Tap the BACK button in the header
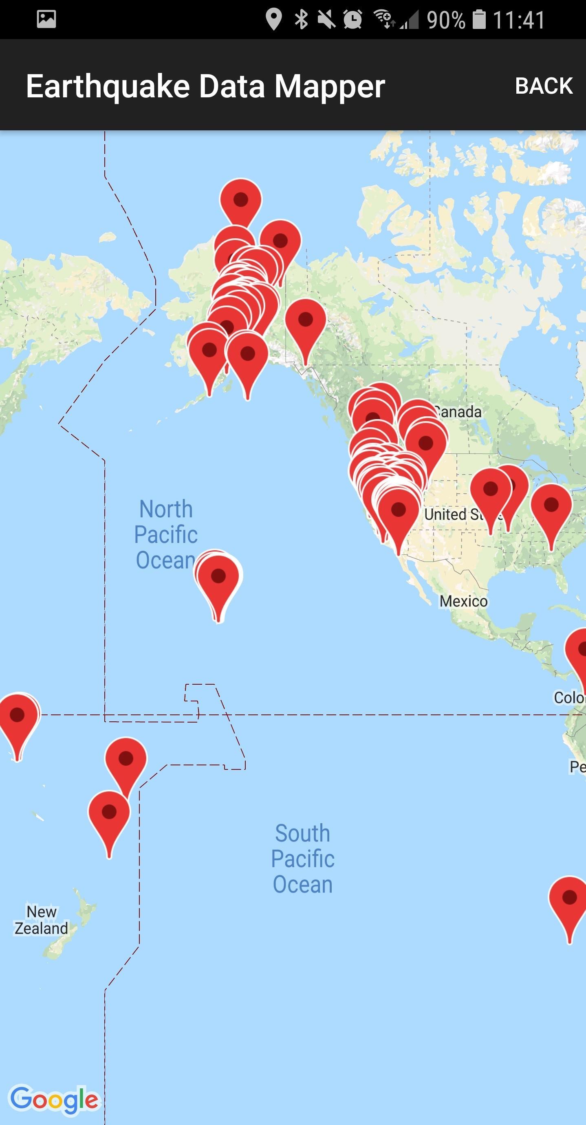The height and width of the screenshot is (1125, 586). pos(544,86)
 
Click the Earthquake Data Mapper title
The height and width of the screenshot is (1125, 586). pos(205,86)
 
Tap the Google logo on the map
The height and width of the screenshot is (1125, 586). pos(55,1099)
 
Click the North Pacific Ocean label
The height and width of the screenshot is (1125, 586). pos(165,534)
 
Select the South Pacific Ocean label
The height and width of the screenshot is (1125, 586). pos(302,858)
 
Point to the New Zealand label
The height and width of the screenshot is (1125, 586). pos(42,919)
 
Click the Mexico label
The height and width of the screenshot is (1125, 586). pos(463,601)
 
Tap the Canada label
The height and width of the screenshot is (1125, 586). pos(459,411)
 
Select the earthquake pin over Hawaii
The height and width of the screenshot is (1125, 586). pos(218,576)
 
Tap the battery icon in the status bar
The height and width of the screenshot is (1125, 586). pos(479,20)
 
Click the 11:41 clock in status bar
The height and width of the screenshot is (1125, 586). pos(519,20)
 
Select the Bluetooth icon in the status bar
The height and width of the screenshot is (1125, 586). pos(301,20)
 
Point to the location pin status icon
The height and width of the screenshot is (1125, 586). pos(273,20)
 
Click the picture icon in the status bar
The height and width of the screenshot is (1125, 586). pos(46,19)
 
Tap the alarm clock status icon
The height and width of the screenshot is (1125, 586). pos(352,20)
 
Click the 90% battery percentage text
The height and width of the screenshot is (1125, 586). pos(445,20)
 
